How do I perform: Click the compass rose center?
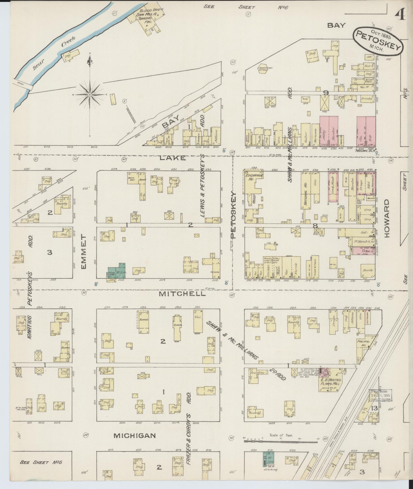click(x=90, y=95)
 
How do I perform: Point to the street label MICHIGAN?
click(x=134, y=436)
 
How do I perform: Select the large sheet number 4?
click(x=401, y=10)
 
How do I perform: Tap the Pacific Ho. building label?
click(x=364, y=343)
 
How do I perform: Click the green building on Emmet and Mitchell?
click(x=116, y=272)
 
